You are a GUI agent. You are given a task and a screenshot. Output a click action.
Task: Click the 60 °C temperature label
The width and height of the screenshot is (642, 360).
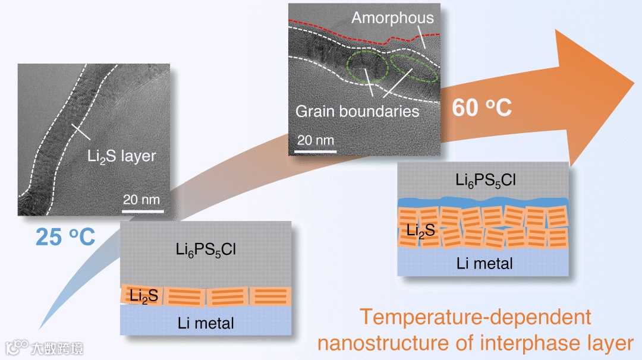482,108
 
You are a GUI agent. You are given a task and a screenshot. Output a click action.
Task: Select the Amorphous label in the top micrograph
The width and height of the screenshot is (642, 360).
392,18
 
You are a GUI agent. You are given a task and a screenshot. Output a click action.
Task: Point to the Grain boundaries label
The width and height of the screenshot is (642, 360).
357,110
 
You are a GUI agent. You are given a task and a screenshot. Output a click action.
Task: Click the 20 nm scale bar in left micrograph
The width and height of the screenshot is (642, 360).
143,209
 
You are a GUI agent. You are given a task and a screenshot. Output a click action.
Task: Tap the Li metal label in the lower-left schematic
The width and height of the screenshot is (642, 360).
206,323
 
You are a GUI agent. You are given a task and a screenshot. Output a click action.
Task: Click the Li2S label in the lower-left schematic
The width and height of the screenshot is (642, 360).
144,295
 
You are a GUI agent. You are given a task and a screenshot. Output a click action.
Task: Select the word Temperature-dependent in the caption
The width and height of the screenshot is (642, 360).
476,317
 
